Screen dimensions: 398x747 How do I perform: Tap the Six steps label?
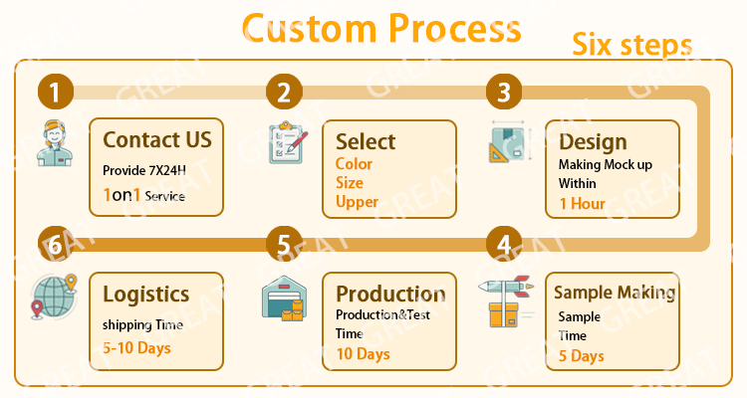tap(631, 45)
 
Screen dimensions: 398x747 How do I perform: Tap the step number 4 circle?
tap(504, 245)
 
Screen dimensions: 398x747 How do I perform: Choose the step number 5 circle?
tap(285, 245)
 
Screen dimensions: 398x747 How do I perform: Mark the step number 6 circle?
tap(56, 245)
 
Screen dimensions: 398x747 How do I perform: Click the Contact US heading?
tap(157, 139)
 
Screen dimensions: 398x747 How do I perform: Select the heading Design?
tap(593, 141)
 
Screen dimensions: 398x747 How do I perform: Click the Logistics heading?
tap(145, 294)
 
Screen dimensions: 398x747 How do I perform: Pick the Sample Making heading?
tap(615, 292)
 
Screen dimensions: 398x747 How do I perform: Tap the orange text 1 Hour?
tap(582, 203)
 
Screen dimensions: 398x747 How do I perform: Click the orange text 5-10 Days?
tap(136, 348)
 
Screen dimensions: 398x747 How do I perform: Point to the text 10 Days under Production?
tap(363, 353)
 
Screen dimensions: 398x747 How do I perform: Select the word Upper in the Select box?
tap(357, 202)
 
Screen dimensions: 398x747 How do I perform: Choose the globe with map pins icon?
tap(55, 298)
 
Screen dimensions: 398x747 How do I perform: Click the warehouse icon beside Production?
tap(283, 297)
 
